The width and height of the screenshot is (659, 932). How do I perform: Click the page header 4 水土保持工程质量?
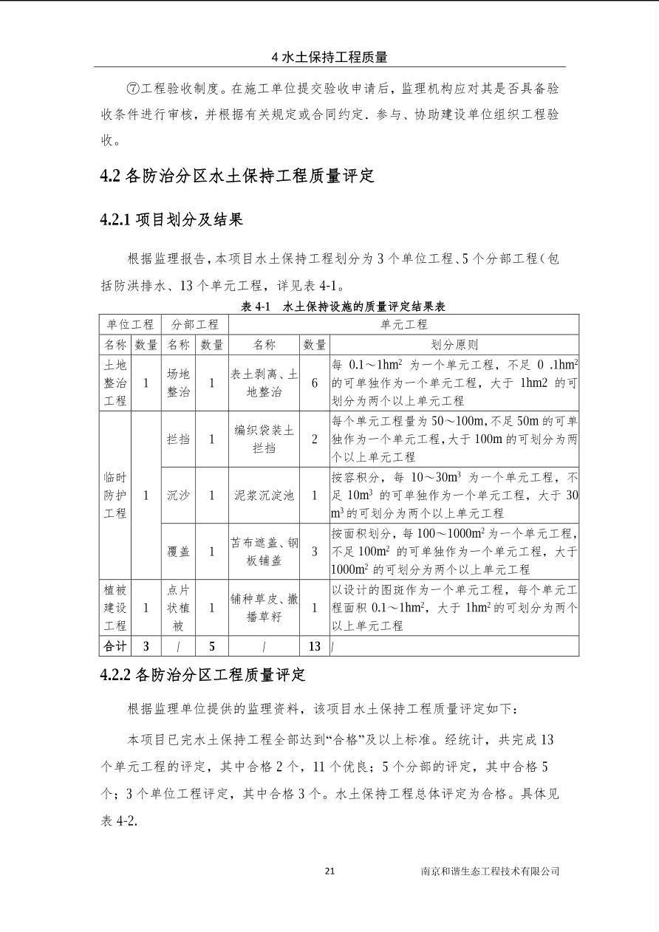[x=329, y=57]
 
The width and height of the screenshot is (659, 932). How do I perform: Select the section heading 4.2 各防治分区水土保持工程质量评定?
[x=237, y=176]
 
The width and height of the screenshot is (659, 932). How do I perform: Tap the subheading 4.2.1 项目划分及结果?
[x=171, y=219]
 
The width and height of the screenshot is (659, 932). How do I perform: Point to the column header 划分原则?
[x=454, y=344]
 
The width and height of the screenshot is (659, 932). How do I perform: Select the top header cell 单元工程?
[x=403, y=324]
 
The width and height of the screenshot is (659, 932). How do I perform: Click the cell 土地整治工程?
[x=115, y=383]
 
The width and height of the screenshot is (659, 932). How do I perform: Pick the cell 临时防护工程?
[x=115, y=495]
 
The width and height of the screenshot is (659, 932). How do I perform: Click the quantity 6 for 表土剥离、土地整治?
[x=315, y=383]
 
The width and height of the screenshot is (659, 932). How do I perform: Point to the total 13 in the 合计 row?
[x=315, y=646]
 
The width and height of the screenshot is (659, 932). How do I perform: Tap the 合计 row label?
[x=115, y=646]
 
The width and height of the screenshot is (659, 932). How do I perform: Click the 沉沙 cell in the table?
[x=178, y=495]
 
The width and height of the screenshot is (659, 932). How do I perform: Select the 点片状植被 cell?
[x=178, y=608]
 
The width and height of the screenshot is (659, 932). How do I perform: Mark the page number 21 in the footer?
[x=329, y=871]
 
